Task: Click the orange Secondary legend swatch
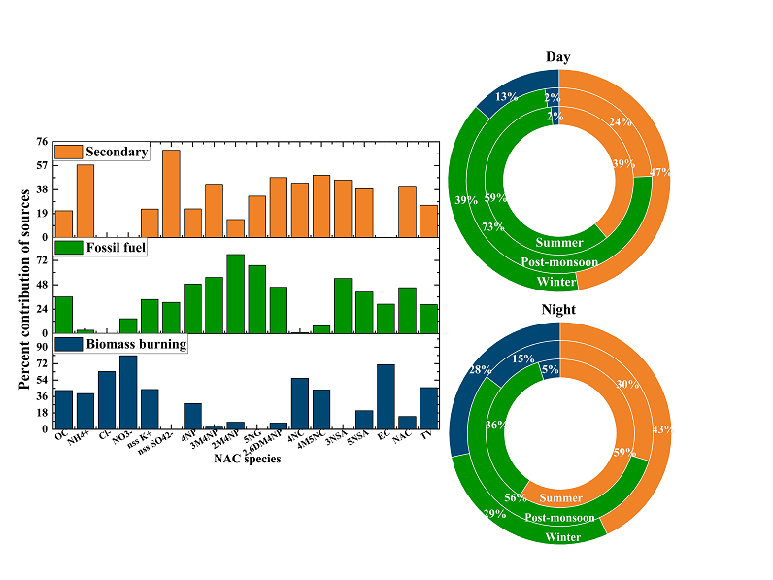coord(68,152)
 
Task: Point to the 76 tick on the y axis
coord(41,142)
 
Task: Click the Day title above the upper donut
coord(558,57)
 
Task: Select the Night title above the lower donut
coord(559,310)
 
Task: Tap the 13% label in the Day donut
coord(506,97)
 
